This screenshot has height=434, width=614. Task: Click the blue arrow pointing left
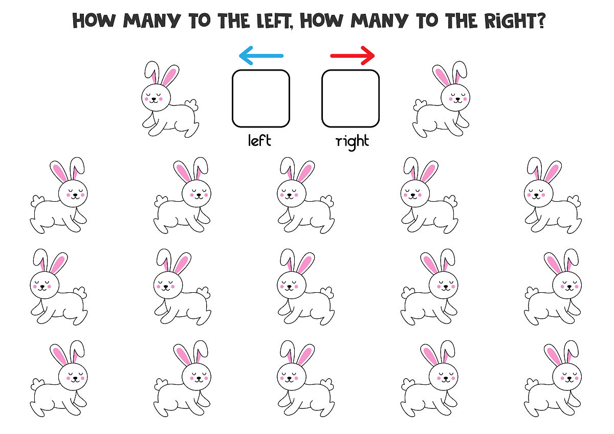tap(261, 56)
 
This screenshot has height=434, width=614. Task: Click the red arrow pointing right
tap(353, 56)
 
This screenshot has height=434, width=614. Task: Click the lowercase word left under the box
tap(259, 140)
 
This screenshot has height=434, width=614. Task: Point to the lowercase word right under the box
tap(352, 142)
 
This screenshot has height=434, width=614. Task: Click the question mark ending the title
tap(540, 20)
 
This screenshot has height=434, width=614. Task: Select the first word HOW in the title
tap(94, 20)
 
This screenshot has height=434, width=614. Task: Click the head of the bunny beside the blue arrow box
tap(156, 97)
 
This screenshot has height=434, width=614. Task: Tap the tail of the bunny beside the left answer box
tap(192, 105)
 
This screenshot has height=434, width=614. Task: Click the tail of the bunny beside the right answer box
tap(420, 105)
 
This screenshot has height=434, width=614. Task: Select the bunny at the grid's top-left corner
tap(59, 195)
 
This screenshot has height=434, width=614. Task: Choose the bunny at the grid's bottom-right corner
tap(553, 379)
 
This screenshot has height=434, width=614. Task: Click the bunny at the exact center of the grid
tap(306, 287)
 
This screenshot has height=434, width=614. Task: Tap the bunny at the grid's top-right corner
tap(553, 195)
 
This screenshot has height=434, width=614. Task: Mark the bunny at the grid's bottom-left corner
tap(59, 379)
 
